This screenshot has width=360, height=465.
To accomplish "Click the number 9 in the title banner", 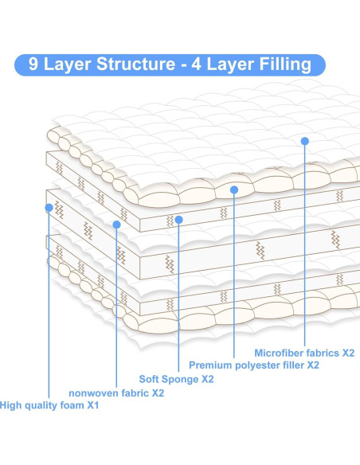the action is click(33, 64).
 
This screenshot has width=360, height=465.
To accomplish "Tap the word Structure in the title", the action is click(136, 64).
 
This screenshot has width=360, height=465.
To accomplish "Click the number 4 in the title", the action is click(196, 64).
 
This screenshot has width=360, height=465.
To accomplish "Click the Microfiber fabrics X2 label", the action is click(304, 353).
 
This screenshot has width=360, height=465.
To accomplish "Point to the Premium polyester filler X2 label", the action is click(254, 365).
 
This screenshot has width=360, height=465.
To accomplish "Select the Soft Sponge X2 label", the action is click(176, 379).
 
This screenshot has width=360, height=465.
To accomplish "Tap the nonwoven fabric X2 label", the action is click(116, 393).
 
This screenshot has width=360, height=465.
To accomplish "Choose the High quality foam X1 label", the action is click(49, 405).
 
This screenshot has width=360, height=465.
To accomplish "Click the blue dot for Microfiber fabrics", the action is click(304, 141).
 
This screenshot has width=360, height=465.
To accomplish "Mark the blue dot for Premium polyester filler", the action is click(234, 190).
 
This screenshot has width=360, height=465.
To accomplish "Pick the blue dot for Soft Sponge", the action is click(179, 220).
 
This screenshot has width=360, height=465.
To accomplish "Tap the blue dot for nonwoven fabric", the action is click(117, 225).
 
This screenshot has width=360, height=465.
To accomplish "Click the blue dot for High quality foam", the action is click(49, 208).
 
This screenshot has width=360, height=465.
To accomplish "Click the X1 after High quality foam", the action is click(93, 405).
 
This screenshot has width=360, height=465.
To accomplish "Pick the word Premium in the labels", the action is click(210, 365).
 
